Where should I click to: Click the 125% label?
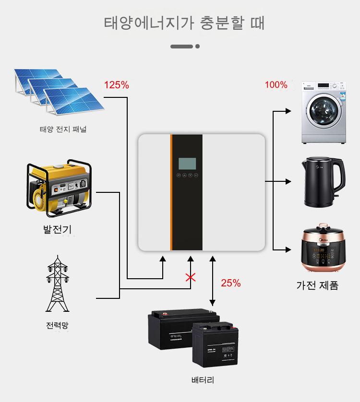[117, 85]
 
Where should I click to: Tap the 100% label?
[276, 85]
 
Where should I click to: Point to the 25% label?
[230, 283]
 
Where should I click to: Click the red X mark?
[191, 277]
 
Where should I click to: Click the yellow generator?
[59, 188]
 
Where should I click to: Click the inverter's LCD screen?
[186, 164]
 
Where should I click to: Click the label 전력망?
[57, 326]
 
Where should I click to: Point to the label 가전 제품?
[317, 285]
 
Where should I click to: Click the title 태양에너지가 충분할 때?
[184, 23]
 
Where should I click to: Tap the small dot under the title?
[197, 47]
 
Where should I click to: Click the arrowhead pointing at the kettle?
[288, 182]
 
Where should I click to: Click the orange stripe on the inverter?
[170, 192]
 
